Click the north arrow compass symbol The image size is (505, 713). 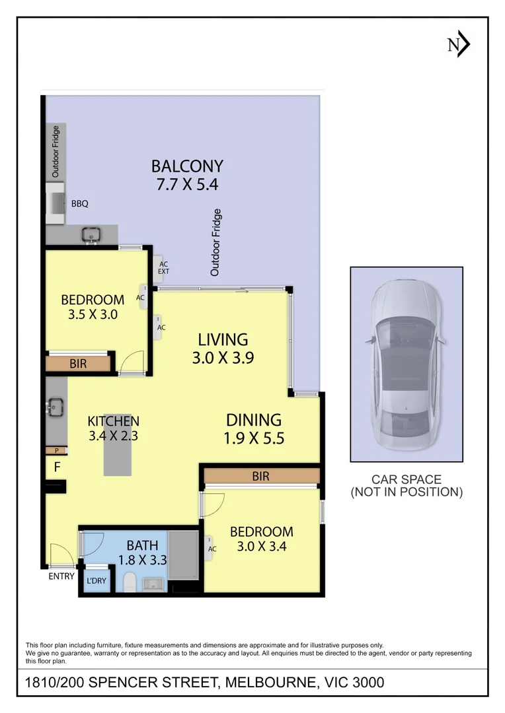tap(457, 44)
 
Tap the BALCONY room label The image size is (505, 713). tap(187, 166)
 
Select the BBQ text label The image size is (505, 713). tap(80, 204)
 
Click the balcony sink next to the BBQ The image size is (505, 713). tap(91, 235)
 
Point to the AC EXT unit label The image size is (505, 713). tap(163, 268)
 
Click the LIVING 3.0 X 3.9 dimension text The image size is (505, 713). tap(223, 358)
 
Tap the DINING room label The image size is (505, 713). tap(254, 420)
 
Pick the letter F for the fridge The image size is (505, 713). tap(58, 467)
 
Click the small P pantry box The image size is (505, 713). tap(56, 451)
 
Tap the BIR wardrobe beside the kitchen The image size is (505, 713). tap(78, 364)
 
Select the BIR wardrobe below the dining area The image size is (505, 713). tap(261, 476)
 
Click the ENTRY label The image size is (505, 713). tap(61, 576)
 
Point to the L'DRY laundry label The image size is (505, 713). tap(97, 581)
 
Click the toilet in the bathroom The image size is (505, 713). tap(130, 582)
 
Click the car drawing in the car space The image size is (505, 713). tap(406, 364)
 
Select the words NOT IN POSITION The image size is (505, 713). tap(407, 492)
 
